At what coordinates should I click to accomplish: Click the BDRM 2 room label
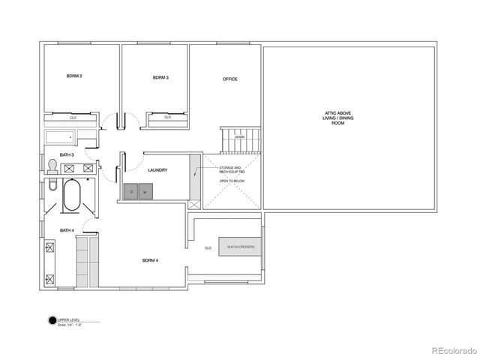[74, 76]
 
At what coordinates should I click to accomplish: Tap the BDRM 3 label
[160, 77]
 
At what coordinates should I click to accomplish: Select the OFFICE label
[230, 79]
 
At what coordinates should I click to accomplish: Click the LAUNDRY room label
[157, 170]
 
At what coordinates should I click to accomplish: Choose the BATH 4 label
[67, 231]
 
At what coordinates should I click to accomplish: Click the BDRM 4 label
[151, 260]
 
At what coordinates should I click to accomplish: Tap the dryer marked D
[132, 191]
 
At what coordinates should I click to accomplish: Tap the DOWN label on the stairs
[239, 137]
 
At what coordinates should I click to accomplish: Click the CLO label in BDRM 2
[73, 118]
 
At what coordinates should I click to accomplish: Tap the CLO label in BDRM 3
[167, 117]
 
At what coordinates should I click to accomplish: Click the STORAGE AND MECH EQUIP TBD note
[231, 170]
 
